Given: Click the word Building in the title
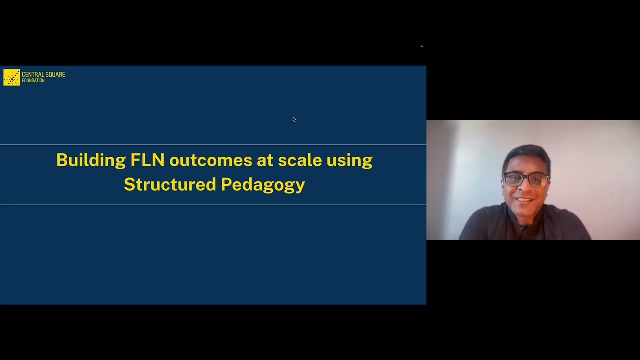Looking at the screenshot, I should coord(91,161).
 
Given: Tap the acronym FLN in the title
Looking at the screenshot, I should coord(147,160).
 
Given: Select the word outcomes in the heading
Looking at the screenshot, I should coord(210,160).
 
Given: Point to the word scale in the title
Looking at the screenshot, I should coord(299,160).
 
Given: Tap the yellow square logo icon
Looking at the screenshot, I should coord(12,77).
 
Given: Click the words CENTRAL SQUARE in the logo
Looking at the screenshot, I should coord(43,75).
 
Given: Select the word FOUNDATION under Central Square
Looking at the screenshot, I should coord(33,81).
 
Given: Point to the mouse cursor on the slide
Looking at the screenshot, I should coord(294,119).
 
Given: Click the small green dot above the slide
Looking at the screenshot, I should coord(422,46).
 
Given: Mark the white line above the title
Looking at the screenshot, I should coord(213,145).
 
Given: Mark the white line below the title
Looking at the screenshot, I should coord(213,205).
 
